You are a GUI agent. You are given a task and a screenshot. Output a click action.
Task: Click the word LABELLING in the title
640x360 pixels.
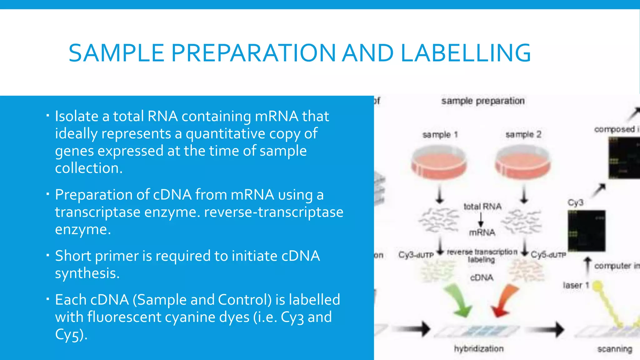tap(465, 53)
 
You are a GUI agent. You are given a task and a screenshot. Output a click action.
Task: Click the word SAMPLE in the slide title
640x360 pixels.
tap(116, 53)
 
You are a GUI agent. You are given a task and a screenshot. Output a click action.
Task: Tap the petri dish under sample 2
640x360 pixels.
tap(523, 162)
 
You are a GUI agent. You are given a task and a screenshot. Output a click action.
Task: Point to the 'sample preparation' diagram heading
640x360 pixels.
tap(483, 101)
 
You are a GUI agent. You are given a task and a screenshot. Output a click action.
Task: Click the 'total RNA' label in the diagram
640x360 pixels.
tap(482, 207)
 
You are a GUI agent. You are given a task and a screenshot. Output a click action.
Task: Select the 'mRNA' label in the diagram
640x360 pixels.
tap(482, 232)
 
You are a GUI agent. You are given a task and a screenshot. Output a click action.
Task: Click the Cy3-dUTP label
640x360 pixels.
tap(416, 255)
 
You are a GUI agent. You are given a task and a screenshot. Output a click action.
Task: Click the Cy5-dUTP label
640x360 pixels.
tap(548, 255)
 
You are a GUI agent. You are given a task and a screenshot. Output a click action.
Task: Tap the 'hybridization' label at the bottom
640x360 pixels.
tap(479, 349)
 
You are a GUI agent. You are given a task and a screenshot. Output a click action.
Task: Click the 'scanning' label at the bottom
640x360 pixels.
tap(615, 349)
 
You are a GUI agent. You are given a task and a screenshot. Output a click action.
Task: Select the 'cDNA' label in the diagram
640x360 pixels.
tap(482, 277)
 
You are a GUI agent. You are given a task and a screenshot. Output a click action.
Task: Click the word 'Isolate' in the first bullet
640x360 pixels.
tap(77, 116)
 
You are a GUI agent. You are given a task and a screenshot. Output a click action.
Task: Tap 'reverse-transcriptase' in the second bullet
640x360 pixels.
tap(274, 212)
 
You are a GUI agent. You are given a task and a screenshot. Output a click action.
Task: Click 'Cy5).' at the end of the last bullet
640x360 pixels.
tap(71, 334)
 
